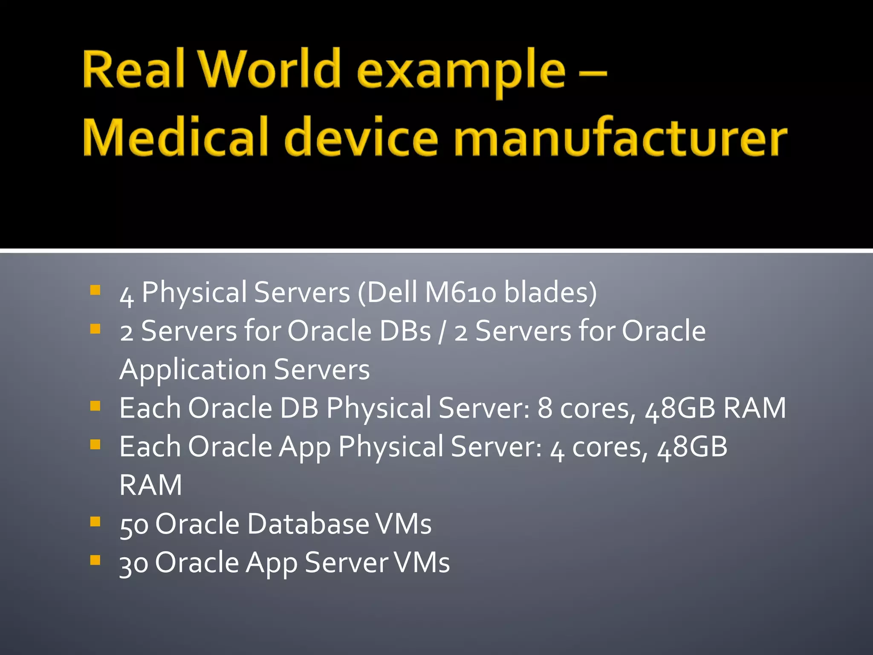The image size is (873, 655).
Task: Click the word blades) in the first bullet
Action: point(550,293)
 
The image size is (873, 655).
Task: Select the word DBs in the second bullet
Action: point(405,331)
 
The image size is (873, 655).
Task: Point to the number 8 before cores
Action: point(544,409)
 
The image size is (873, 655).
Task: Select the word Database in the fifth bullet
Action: point(308,524)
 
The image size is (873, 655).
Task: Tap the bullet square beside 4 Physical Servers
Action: point(95,290)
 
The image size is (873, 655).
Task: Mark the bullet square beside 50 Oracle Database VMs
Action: point(95,522)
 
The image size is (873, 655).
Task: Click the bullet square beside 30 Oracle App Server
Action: point(95,560)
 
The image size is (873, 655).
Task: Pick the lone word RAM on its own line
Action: point(151,485)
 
